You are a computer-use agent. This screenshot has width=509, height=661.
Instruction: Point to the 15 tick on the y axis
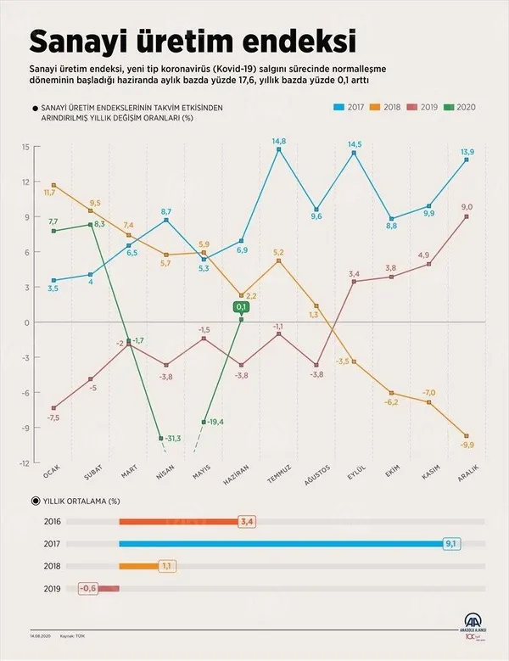[x=25, y=147]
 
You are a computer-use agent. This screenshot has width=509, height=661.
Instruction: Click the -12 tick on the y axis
[x=25, y=462]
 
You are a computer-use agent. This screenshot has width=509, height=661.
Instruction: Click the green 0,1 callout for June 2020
[x=241, y=307]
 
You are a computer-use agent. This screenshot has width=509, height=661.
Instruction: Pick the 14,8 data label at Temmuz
[x=278, y=141]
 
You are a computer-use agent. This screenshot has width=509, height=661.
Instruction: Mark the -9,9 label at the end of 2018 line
[x=467, y=445]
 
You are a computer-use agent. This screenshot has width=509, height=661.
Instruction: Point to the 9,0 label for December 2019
[x=467, y=207]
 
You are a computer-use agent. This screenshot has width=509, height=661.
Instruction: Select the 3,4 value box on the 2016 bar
[x=247, y=522]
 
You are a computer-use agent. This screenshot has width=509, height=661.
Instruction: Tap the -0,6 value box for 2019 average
[x=88, y=587]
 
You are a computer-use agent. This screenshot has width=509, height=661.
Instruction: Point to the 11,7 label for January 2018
[x=50, y=193]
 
